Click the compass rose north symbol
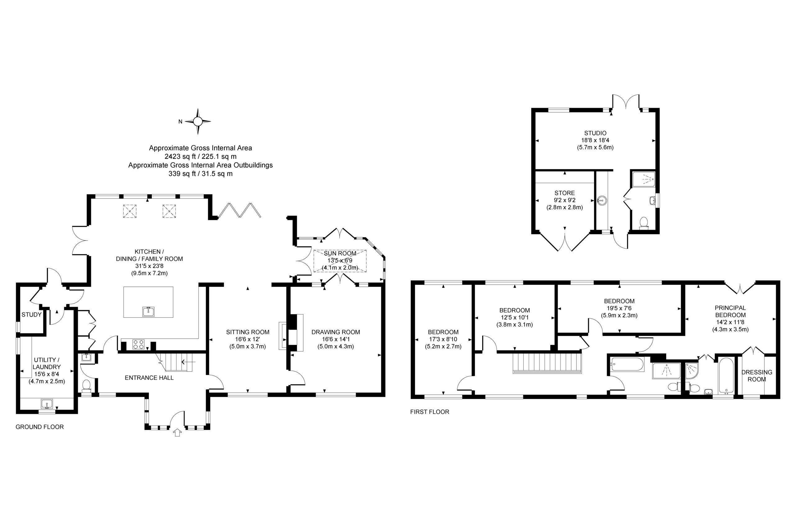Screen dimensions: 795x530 (198, 121)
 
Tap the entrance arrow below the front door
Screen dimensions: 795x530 (177, 433)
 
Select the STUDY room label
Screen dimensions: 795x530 (31, 315)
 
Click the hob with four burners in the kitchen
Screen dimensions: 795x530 (138, 344)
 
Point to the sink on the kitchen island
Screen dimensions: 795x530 (148, 311)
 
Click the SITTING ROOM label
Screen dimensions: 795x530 (248, 332)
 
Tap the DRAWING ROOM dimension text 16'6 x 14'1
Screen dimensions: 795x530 (336, 339)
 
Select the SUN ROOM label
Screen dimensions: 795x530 (340, 253)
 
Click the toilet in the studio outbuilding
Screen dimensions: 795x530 (643, 224)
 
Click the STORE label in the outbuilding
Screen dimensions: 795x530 (565, 193)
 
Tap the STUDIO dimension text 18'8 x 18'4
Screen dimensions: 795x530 (595, 140)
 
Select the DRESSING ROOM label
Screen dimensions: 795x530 (756, 375)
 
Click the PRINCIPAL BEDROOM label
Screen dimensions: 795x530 (730, 311)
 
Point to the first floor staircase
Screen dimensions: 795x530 (547, 363)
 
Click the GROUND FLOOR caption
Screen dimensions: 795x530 (39, 427)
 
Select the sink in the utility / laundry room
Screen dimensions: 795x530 (47, 404)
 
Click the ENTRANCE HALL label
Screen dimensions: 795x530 (149, 378)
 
